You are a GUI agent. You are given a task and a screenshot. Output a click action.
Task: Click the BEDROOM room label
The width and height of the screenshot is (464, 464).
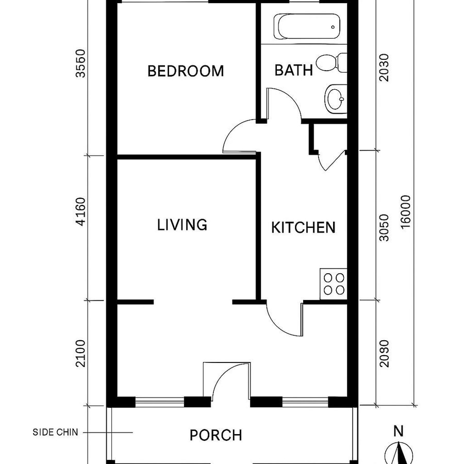[186, 71]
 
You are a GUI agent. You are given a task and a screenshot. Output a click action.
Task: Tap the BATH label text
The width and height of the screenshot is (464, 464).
[293, 70]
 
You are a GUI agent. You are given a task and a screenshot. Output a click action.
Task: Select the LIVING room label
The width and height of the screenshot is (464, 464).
[182, 225]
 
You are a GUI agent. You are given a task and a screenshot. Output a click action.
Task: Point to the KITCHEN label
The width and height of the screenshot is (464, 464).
[303, 227]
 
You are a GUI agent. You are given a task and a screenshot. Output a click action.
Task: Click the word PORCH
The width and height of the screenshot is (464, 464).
[216, 435]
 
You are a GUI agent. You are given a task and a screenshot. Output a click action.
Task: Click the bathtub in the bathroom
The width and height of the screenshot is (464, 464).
[308, 26]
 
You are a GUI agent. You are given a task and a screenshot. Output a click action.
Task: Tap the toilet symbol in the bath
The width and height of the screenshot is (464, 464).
[331, 63]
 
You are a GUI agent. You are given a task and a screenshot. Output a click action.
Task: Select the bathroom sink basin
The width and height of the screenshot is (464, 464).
[336, 97]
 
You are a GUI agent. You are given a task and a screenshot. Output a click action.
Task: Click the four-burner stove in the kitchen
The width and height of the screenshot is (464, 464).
[333, 284]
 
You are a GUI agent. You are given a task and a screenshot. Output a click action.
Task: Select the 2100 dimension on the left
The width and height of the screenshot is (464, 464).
[80, 352]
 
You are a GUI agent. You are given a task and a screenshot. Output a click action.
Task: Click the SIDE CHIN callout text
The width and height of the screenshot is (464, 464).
[56, 433]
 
